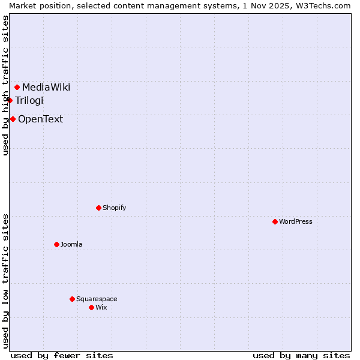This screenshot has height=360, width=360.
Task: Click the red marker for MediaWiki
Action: [x=17, y=88]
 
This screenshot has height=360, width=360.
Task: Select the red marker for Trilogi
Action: [x=10, y=100]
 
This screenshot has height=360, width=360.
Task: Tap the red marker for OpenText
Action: [x=13, y=119]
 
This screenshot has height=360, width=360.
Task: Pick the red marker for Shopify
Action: [x=99, y=208]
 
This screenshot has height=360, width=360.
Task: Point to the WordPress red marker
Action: [x=275, y=222]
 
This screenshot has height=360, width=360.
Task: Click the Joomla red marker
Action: [x=57, y=245]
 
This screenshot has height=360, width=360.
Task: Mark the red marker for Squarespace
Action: [x=73, y=299]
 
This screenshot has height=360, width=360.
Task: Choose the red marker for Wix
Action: [x=92, y=308]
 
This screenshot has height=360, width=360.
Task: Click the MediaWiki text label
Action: [x=46, y=88]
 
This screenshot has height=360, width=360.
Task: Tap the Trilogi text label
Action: [x=29, y=100]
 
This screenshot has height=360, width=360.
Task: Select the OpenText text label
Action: [x=40, y=119]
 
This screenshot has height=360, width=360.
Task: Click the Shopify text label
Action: [x=114, y=208]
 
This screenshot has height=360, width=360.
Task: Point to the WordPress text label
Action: [x=296, y=222]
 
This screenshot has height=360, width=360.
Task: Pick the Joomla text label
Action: [x=71, y=245]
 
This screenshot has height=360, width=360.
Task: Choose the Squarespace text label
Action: [x=97, y=299]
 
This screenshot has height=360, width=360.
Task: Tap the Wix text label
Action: [x=101, y=308]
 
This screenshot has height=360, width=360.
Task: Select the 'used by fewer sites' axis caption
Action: [x=62, y=355]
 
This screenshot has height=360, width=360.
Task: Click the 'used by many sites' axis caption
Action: [x=301, y=355]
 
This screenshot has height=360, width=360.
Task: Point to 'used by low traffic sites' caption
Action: [x=5, y=281]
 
